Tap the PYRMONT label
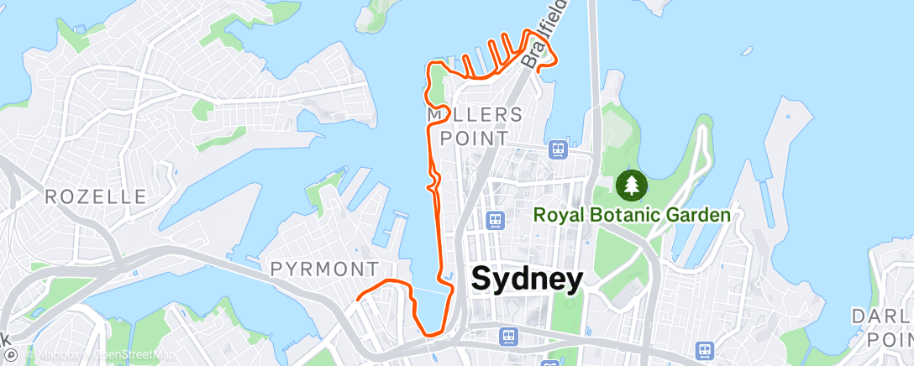coord(325,269)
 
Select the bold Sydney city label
coord(527,280)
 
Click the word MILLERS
coord(475,114)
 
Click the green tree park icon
coord(631,184)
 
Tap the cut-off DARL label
coord(882,316)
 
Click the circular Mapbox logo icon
coord(29,354)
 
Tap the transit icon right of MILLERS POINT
coord(557,149)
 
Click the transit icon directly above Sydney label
coord(496,220)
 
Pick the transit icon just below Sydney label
coord(508,336)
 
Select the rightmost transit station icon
coord(705,348)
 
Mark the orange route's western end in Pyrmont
coord(359,299)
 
